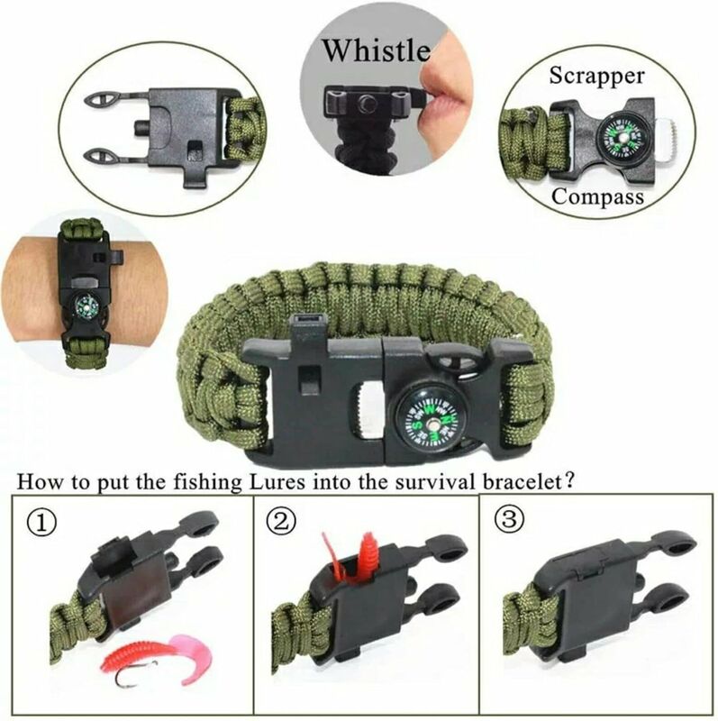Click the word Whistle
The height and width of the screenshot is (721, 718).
pos(376,50)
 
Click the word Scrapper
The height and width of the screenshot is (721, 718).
pos(596,76)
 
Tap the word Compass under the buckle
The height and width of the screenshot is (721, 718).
pos(597,196)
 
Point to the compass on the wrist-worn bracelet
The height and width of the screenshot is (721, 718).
pos(86,305)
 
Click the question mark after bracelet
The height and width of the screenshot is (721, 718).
pos(569,482)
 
